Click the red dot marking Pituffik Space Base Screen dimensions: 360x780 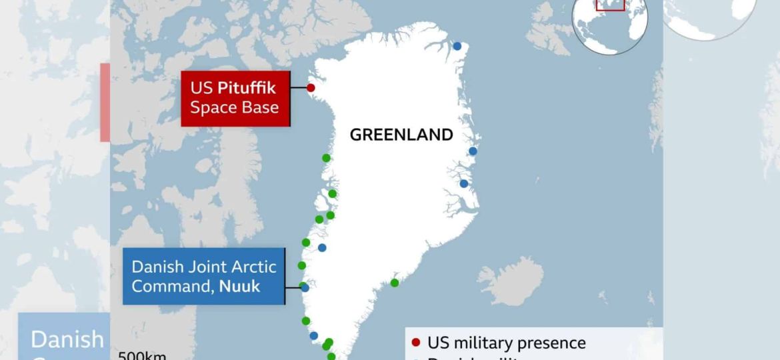(311, 88)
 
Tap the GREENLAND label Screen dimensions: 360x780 (401, 135)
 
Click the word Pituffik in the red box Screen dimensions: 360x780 (246, 88)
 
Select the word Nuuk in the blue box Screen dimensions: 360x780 (240, 286)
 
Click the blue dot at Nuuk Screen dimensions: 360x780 (305, 287)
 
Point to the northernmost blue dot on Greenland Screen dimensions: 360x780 (457, 46)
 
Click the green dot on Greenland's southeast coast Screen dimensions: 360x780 (395, 283)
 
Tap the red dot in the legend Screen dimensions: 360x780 (416, 343)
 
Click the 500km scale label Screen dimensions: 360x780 (142, 355)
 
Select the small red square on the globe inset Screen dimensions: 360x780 (610, 4)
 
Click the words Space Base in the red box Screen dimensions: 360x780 (234, 107)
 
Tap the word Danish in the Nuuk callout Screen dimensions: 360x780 (155, 267)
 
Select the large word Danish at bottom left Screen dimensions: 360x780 (67, 339)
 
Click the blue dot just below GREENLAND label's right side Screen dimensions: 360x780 (473, 151)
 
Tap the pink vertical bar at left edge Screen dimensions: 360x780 (105, 102)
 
